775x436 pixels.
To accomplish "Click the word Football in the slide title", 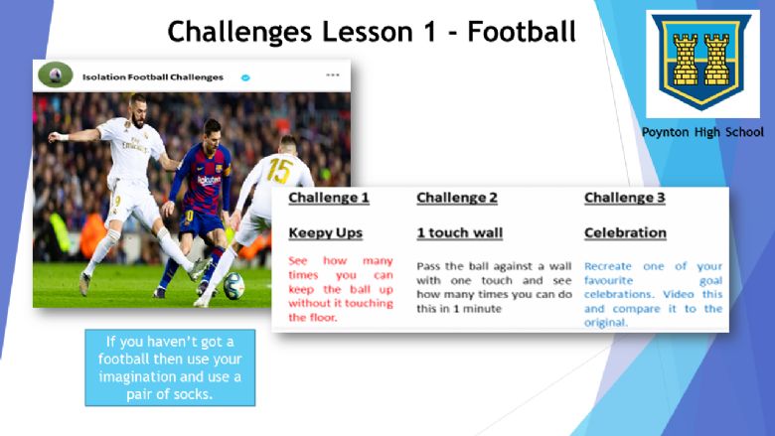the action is click(x=522, y=31).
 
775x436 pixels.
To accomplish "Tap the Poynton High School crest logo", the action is click(x=702, y=63).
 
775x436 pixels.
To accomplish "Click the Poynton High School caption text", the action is click(x=702, y=132).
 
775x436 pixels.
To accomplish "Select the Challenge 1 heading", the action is click(x=329, y=198).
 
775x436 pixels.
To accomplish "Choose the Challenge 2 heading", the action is click(x=457, y=198).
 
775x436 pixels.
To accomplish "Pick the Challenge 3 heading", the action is click(x=624, y=198).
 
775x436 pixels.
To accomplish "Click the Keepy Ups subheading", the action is click(x=325, y=233).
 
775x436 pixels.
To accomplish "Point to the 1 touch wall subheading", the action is click(x=459, y=233).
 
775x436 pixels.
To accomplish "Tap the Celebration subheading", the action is click(x=625, y=233).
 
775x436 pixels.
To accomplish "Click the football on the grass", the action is click(x=233, y=286).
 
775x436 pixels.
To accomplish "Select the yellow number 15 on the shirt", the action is click(x=279, y=171).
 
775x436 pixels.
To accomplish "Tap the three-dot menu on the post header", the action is click(x=333, y=75).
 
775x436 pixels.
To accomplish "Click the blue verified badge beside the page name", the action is click(x=245, y=77).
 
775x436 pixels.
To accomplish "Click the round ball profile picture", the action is click(x=56, y=74).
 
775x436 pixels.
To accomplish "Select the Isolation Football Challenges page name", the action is click(x=153, y=77).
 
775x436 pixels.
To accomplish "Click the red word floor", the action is click(x=323, y=318).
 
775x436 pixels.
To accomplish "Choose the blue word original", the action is click(x=605, y=323).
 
